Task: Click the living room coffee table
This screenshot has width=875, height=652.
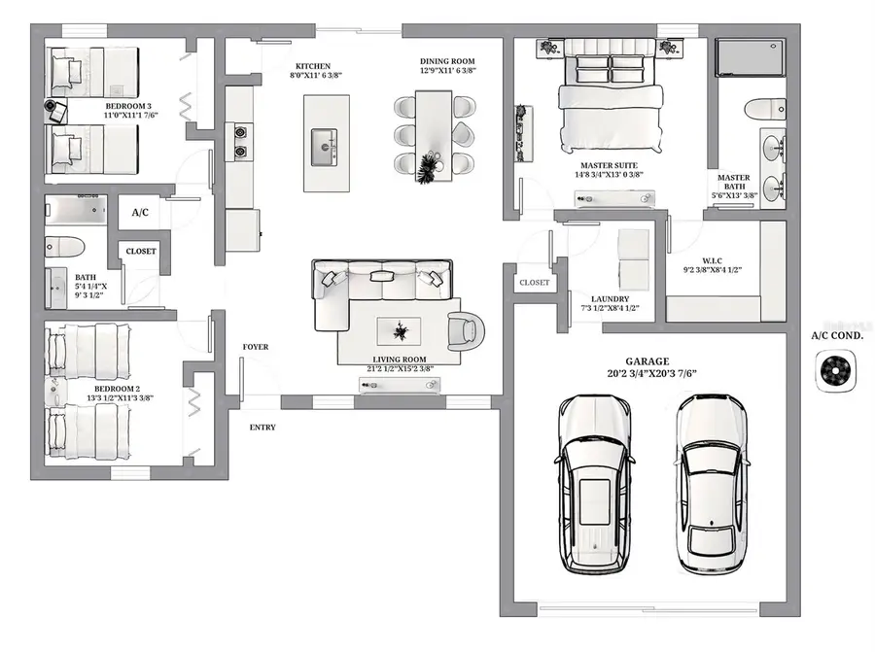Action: coord(400,332)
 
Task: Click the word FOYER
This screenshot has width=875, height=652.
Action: coord(256,347)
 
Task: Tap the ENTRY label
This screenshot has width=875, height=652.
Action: coord(262,428)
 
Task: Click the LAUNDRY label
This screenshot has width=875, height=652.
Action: coord(611,299)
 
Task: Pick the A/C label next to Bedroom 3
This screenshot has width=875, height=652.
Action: coord(139,211)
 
